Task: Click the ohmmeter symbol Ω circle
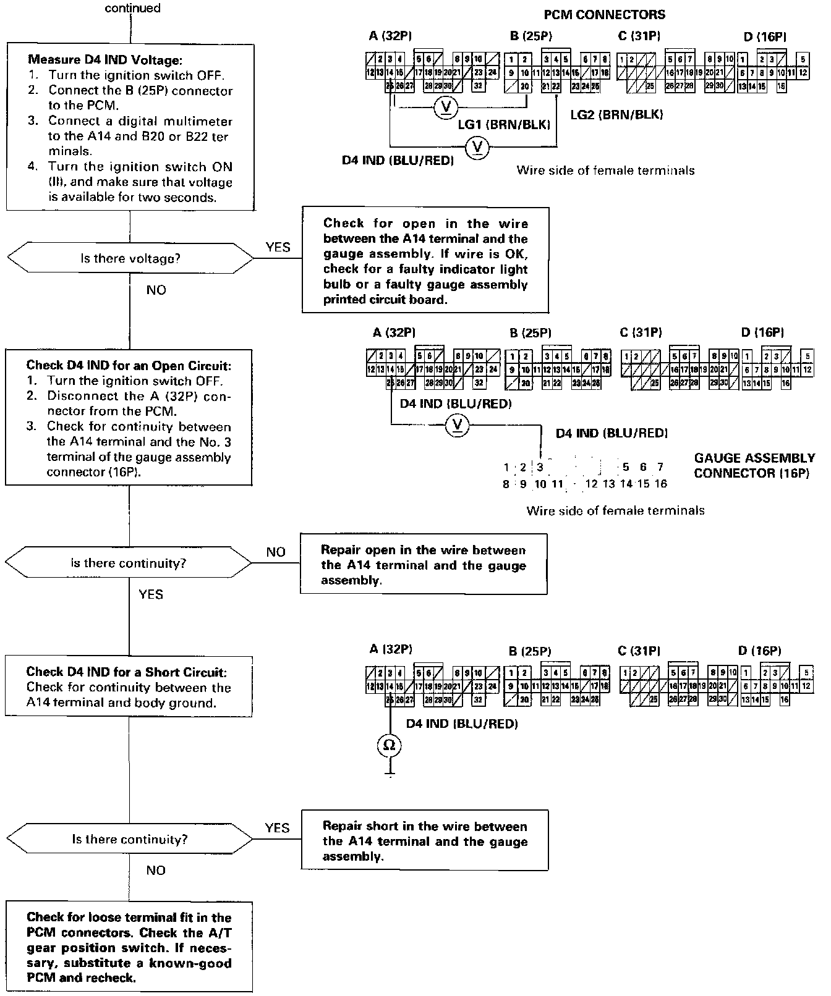tap(389, 745)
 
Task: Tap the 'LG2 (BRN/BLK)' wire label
tap(617, 114)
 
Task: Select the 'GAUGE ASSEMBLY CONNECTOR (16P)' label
tap(754, 465)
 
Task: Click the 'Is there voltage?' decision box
tap(130, 258)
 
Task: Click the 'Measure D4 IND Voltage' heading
tap(105, 60)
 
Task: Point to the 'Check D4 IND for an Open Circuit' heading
tap(129, 365)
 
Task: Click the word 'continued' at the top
tap(132, 8)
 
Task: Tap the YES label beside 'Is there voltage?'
tap(278, 247)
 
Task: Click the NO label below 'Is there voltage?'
tap(156, 290)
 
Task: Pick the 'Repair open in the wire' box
tap(424, 565)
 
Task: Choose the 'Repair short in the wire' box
tap(425, 841)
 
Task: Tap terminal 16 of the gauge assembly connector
tap(660, 484)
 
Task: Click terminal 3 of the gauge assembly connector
tap(540, 467)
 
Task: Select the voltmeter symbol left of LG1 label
tap(445, 108)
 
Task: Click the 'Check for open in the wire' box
tap(425, 261)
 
